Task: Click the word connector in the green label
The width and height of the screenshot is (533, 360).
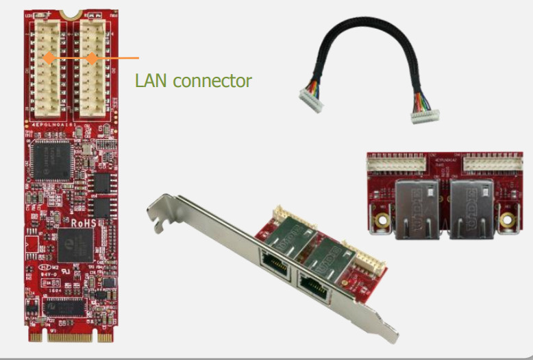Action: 212,81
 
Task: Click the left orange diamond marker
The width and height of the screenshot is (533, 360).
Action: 49,58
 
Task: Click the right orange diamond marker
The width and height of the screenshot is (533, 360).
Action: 91,58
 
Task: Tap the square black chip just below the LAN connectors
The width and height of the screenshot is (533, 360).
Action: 49,159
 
